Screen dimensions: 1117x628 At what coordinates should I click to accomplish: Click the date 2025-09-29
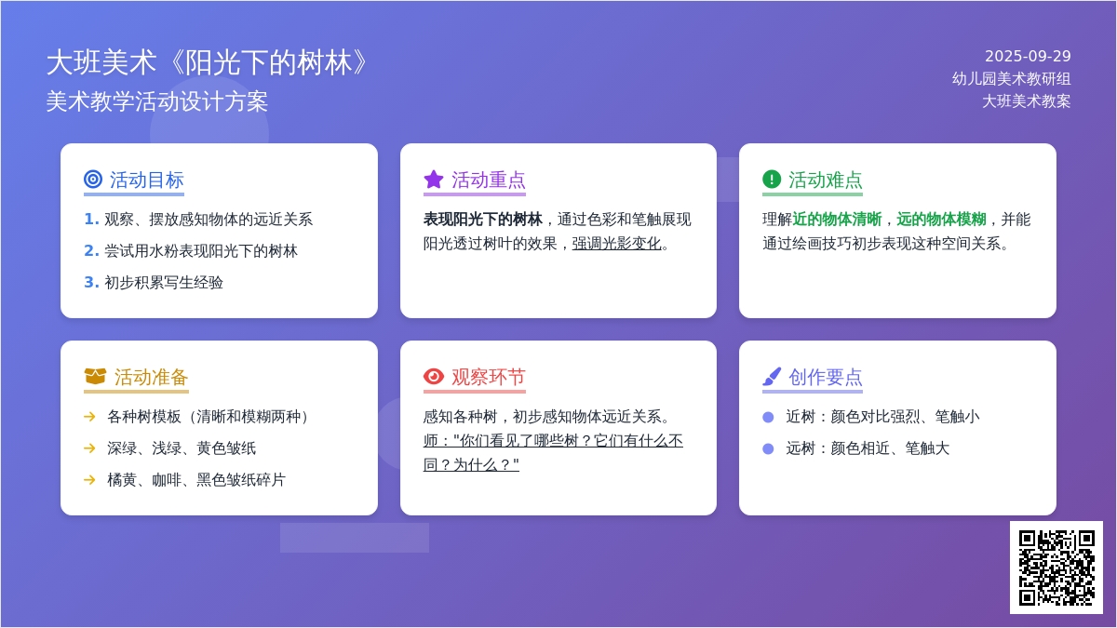pyautogui.click(x=1028, y=57)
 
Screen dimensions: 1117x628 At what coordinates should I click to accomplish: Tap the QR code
pyautogui.click(x=1056, y=568)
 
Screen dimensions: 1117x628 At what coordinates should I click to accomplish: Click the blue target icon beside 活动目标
pyautogui.click(x=93, y=179)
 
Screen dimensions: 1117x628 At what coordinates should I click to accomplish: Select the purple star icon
pyautogui.click(x=434, y=180)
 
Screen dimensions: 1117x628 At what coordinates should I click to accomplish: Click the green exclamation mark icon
pyautogui.click(x=772, y=179)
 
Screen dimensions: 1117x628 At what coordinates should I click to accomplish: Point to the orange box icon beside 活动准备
pyautogui.click(x=95, y=376)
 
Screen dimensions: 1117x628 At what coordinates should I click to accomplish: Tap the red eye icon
pyautogui.click(x=434, y=376)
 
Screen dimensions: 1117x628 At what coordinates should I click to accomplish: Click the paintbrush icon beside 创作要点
pyautogui.click(x=772, y=376)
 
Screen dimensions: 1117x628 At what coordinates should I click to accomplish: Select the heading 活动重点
pyautogui.click(x=488, y=180)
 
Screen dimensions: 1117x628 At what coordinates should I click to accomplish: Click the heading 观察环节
pyautogui.click(x=488, y=378)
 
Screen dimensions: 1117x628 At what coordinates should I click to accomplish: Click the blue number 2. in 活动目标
pyautogui.click(x=91, y=250)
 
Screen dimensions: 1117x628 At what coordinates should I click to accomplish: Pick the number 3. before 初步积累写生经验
pyautogui.click(x=91, y=282)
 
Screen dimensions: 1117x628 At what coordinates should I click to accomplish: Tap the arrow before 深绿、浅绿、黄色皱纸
pyautogui.click(x=89, y=448)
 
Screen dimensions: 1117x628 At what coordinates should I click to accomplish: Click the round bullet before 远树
pyautogui.click(x=768, y=448)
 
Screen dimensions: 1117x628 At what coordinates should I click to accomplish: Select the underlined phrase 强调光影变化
pyautogui.click(x=616, y=244)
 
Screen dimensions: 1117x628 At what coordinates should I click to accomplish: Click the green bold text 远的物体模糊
pyautogui.click(x=941, y=220)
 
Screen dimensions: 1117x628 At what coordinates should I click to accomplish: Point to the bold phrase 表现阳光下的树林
pyautogui.click(x=483, y=220)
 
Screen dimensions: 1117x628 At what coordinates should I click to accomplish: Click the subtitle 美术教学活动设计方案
pyautogui.click(x=157, y=101)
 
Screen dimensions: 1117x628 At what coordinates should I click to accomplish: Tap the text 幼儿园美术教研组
pyautogui.click(x=1011, y=79)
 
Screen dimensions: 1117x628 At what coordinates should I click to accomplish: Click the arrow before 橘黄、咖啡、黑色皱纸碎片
pyautogui.click(x=89, y=480)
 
